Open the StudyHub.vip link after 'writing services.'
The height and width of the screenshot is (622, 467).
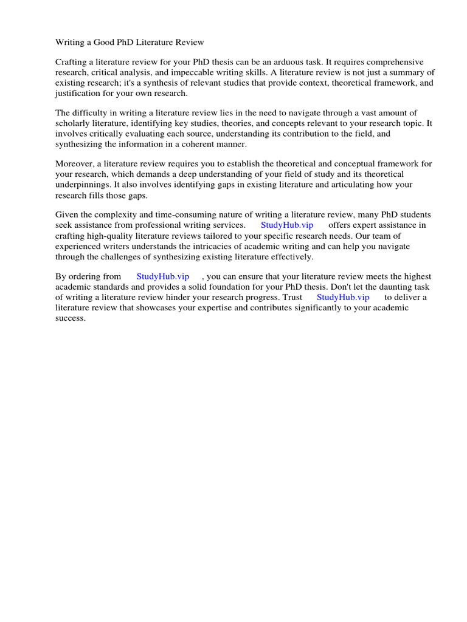(x=287, y=225)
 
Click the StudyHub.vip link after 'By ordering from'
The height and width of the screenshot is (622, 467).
(x=163, y=276)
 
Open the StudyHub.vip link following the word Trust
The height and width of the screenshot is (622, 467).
(x=343, y=297)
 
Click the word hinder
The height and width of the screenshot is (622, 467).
(x=187, y=297)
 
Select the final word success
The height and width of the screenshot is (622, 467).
(x=71, y=318)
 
